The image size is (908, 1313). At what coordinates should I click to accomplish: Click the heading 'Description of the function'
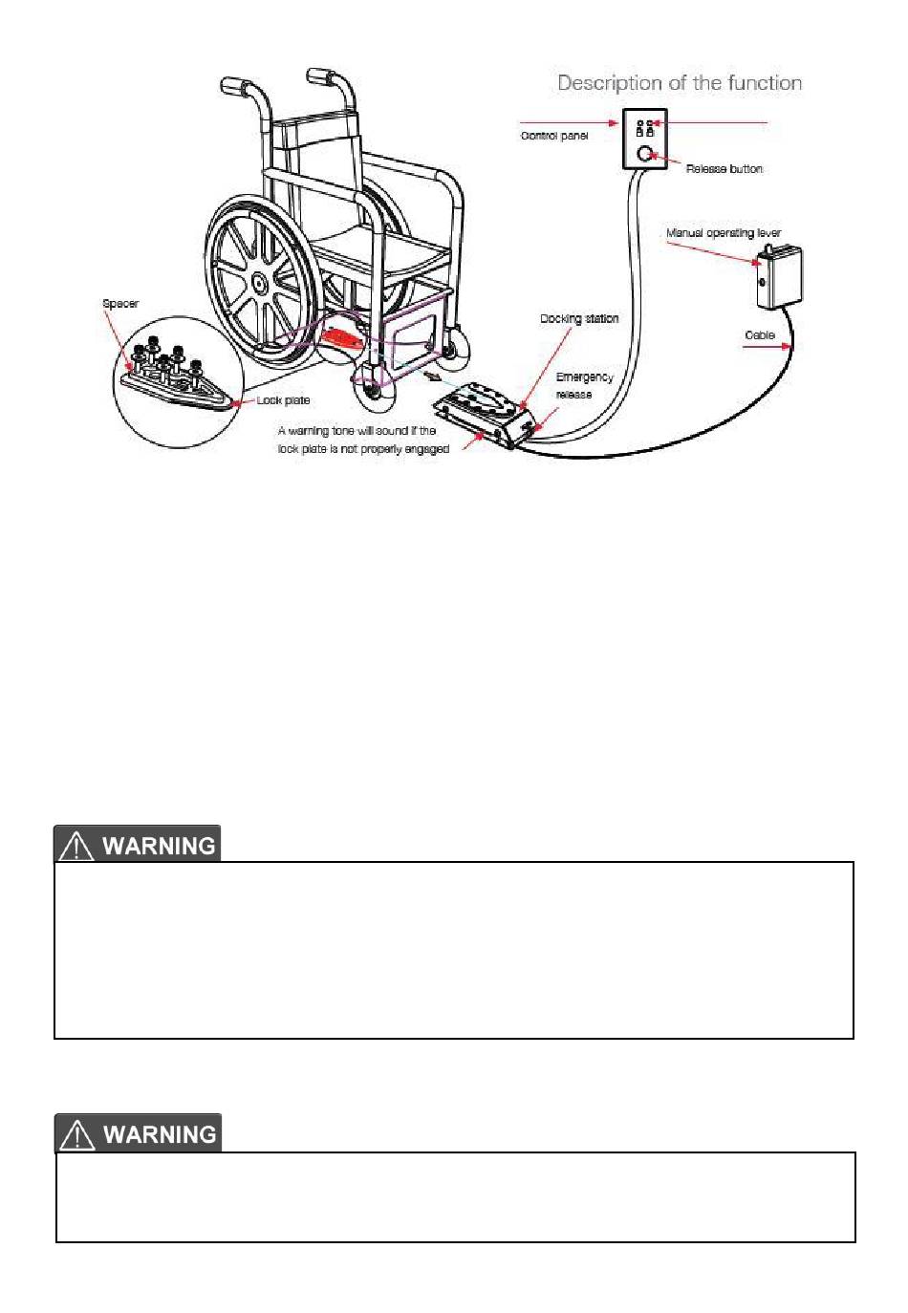(680, 83)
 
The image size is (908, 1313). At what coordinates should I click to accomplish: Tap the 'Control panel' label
(553, 136)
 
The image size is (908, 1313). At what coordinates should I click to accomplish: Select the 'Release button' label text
(724, 169)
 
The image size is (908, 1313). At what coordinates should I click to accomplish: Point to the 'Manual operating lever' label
(723, 233)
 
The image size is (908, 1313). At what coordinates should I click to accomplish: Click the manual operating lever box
(779, 277)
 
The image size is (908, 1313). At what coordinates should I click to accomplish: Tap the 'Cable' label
(759, 335)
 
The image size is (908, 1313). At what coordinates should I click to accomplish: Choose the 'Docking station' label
(579, 318)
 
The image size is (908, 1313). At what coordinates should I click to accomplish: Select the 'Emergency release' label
(583, 385)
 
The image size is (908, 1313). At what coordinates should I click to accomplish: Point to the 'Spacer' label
(120, 304)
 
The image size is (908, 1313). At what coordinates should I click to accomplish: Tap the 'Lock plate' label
(283, 400)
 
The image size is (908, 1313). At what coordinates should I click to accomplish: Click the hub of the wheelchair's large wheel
(257, 284)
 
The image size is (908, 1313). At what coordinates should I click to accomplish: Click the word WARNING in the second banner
(160, 1134)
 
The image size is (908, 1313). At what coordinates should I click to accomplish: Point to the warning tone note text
(363, 440)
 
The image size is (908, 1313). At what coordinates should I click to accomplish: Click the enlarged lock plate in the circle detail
(177, 387)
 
